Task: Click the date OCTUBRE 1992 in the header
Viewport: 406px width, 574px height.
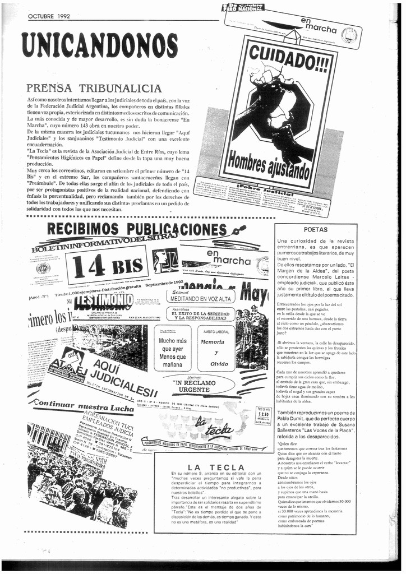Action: pyautogui.click(x=49, y=16)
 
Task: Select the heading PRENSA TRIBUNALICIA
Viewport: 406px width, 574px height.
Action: pyautogui.click(x=94, y=89)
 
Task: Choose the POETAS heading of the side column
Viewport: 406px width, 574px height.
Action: pyautogui.click(x=315, y=229)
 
